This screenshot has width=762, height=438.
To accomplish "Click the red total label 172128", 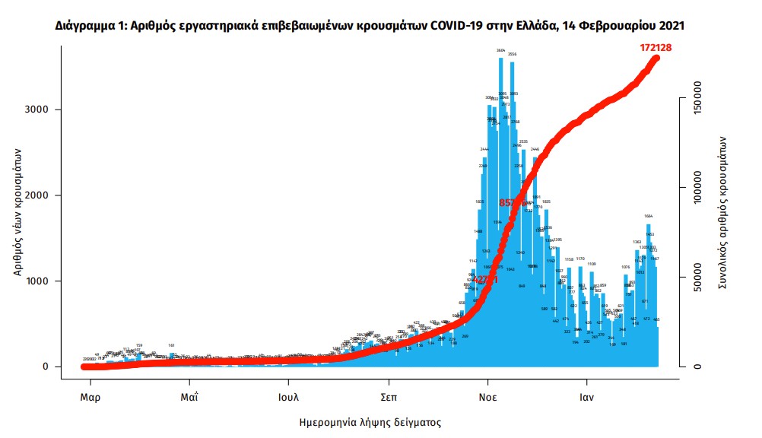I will coord(659,47).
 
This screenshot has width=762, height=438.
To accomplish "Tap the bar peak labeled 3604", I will coord(500,50).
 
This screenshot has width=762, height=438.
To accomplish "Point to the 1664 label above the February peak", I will coord(648,216).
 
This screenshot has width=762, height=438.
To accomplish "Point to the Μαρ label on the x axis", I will coord(90,397).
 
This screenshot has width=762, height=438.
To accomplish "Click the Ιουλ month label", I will coord(287,397).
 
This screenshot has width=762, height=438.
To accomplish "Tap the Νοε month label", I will coord(488,397).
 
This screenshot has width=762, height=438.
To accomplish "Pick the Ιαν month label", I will coord(586,397).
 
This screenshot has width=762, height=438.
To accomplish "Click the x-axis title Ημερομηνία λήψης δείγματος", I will coord(370,422).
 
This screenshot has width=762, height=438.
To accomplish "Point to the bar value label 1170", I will coord(580,259).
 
